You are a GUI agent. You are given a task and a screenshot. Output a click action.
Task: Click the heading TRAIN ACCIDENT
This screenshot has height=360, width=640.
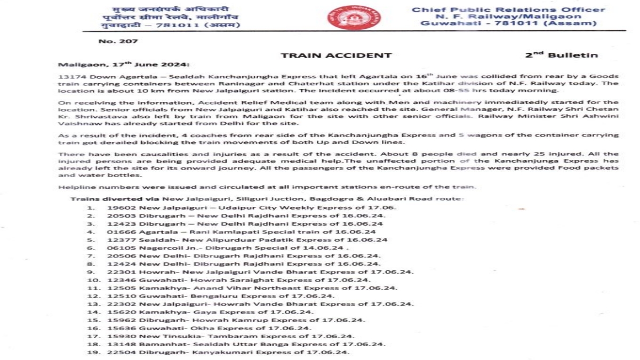(336, 55)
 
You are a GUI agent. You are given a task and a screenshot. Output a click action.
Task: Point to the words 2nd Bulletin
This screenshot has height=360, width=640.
(562, 55)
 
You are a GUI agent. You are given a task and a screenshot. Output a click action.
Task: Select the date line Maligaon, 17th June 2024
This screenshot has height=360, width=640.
(121, 65)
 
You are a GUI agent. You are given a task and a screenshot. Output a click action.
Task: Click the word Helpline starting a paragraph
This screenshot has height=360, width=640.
(75, 186)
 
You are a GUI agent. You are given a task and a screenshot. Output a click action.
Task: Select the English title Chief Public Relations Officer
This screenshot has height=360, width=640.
(508, 9)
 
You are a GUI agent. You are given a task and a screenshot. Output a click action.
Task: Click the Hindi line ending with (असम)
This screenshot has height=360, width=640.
(170, 25)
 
